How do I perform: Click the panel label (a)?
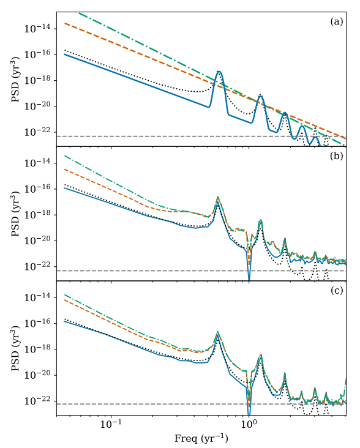click(336, 21)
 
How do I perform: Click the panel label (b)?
click(336, 156)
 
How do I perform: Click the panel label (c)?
click(336, 291)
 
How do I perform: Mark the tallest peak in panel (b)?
click(217, 198)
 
